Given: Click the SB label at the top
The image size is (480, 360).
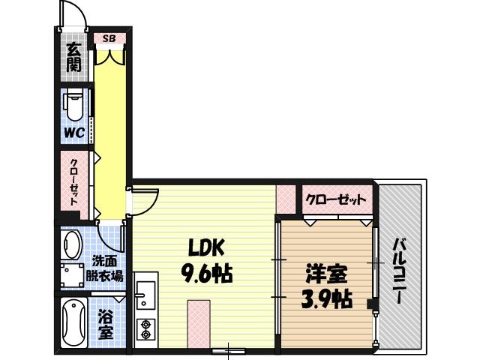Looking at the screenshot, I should click(x=109, y=37).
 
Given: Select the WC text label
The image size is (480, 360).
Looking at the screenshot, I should click(x=73, y=133).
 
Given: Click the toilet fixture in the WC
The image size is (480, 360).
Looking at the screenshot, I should click(x=73, y=104).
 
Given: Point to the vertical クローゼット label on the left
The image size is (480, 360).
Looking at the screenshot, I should click(x=75, y=183).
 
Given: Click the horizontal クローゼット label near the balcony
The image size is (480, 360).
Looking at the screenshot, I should click(x=337, y=200).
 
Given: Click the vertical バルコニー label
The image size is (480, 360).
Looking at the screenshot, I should click(x=400, y=271).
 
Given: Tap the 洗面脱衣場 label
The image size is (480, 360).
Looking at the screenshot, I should click(x=103, y=268).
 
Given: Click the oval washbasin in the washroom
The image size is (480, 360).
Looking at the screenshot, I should click(x=73, y=244).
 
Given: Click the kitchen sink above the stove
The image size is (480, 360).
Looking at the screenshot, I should click(x=144, y=295).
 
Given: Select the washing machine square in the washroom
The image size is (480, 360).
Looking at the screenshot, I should click(x=73, y=275).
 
